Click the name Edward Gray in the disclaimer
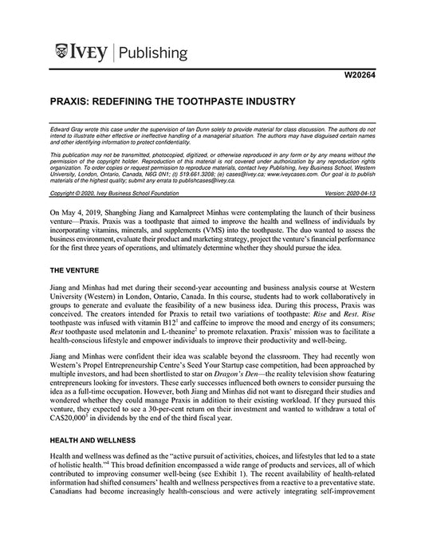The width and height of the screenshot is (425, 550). pos(66,127)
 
